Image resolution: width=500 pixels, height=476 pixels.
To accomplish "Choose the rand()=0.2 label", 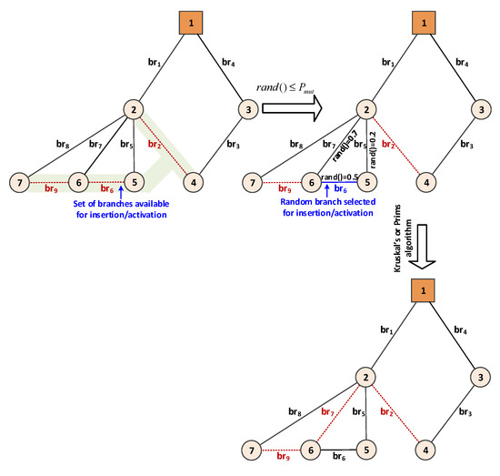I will (374, 141).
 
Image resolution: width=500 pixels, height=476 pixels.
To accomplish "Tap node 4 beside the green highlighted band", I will (193, 180).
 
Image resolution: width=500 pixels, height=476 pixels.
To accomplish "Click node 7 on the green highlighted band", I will (20, 180).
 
